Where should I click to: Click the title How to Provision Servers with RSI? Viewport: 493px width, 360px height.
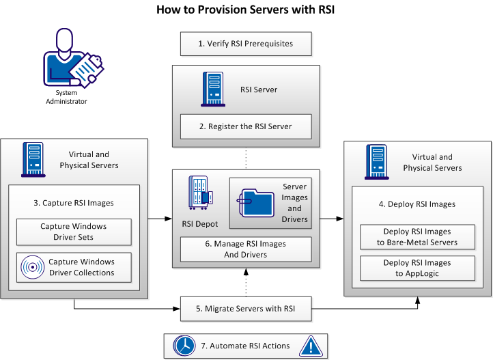click(x=246, y=10)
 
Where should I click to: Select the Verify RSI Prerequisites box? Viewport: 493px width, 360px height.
click(x=245, y=44)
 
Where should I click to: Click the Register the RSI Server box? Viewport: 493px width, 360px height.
click(x=245, y=126)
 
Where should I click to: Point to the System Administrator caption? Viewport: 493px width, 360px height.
click(x=72, y=97)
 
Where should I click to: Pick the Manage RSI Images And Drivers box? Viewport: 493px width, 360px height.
click(x=245, y=249)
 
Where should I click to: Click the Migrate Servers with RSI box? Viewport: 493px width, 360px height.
click(x=245, y=309)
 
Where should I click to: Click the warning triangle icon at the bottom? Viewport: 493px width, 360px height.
click(x=309, y=345)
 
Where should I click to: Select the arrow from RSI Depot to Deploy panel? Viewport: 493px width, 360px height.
click(x=332, y=219)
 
